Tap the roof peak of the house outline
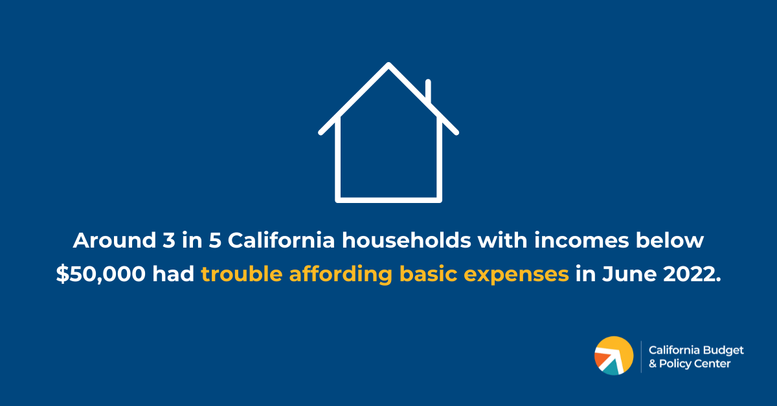click(388, 65)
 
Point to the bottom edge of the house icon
click(388, 199)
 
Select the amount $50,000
click(101, 274)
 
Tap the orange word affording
click(341, 274)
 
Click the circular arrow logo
click(614, 356)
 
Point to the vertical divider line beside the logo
click(641, 356)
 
